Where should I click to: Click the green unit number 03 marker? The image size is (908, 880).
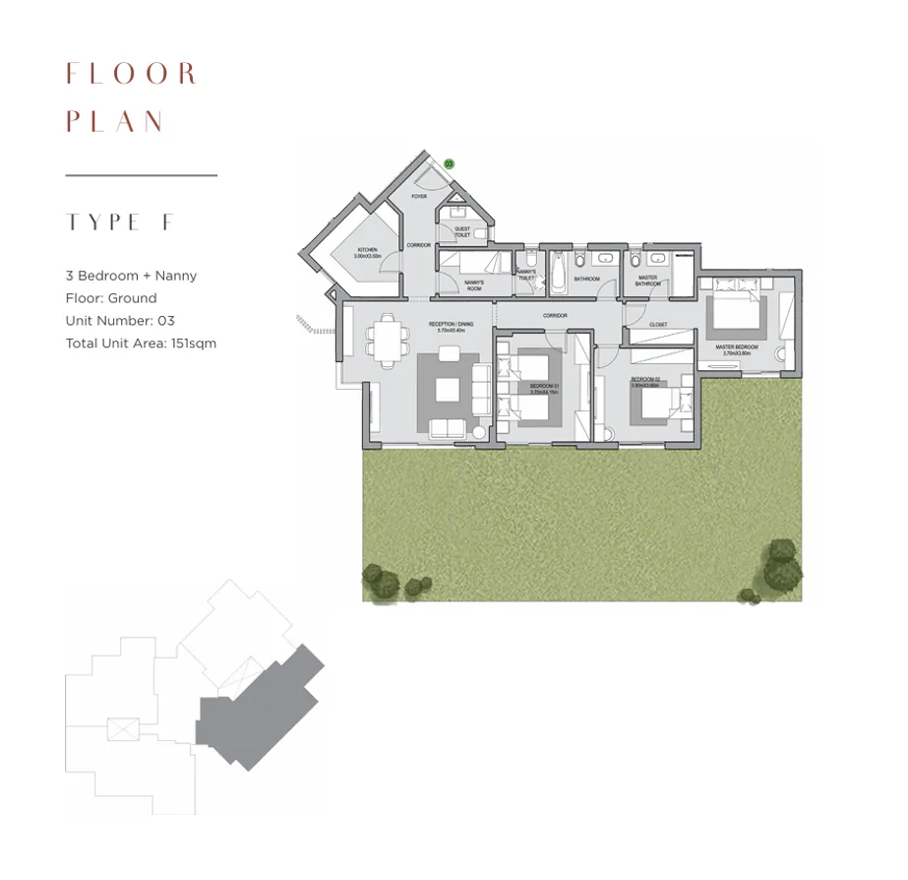449,164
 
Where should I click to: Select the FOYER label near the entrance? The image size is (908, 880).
419,197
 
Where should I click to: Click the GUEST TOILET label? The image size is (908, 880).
461,232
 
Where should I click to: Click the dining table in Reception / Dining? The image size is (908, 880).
384,340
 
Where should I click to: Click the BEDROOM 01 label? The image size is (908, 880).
543,386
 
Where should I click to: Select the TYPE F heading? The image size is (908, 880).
119,222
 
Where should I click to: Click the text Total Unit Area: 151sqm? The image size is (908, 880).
141,344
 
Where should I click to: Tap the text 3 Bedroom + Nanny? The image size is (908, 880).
131,276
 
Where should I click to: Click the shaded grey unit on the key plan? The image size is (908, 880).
258,707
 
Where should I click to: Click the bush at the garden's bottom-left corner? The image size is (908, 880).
382,581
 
